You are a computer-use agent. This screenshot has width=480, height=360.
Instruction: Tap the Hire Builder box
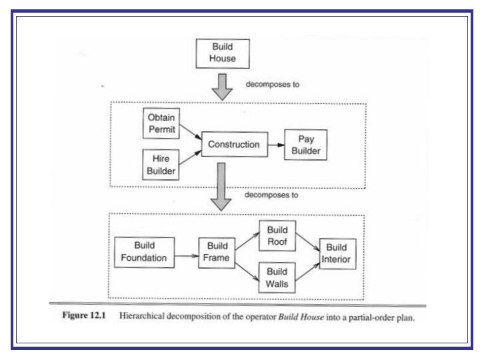pos(161,165)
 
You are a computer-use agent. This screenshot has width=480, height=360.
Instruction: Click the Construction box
pos(233,144)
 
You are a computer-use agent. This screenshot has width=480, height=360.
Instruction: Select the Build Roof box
pos(277,237)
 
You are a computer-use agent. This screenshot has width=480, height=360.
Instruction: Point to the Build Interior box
pos(337,253)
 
